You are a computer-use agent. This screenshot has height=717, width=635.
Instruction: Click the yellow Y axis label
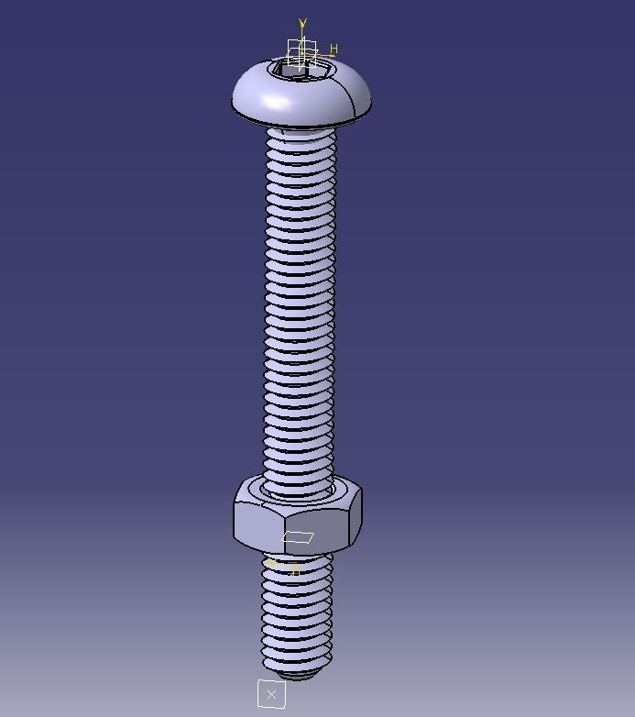click(x=302, y=24)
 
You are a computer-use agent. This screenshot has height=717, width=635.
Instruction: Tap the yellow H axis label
click(x=334, y=50)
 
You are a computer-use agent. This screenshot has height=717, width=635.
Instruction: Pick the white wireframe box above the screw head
click(x=301, y=50)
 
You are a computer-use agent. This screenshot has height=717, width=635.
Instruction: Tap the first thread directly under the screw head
click(x=301, y=137)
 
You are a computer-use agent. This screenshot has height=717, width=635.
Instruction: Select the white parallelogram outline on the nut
click(x=298, y=538)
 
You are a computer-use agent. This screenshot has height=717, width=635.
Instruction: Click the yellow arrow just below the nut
click(x=271, y=563)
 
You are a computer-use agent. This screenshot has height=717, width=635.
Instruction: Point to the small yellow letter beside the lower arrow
click(x=296, y=570)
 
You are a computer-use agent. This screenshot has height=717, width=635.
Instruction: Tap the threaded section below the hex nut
click(x=296, y=614)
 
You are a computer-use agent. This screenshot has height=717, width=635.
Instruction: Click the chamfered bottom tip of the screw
click(x=296, y=675)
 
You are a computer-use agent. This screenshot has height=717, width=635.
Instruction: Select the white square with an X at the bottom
click(x=271, y=694)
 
